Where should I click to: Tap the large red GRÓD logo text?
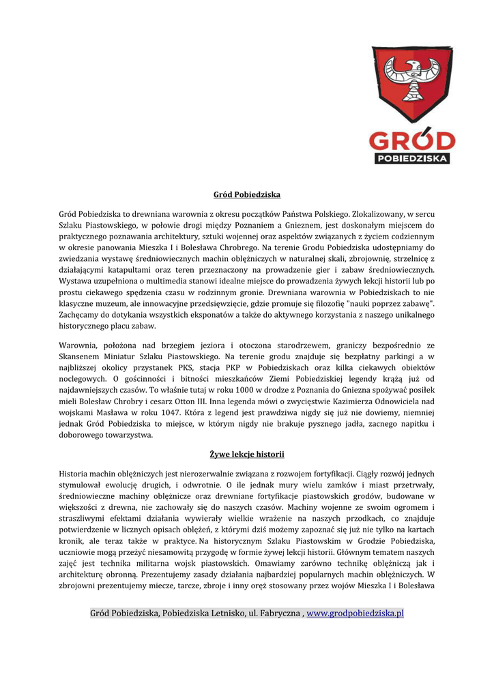[411, 141]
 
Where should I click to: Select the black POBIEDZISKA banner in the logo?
[412, 158]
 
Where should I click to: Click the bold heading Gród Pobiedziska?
[247, 195]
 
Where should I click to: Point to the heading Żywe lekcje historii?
[247, 454]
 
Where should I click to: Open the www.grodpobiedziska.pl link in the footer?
[355, 613]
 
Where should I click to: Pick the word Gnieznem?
[307, 225]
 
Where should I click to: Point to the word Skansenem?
[80, 356]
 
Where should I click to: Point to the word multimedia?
[172, 280]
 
